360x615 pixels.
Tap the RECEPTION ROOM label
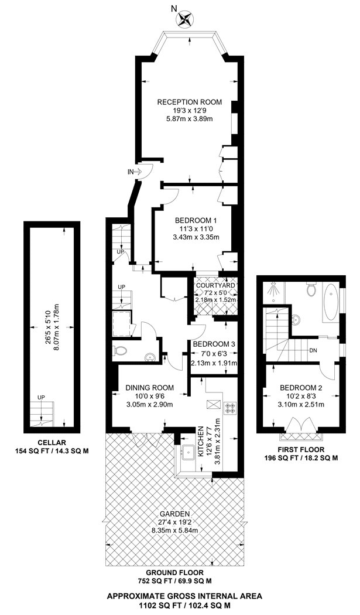click(190, 102)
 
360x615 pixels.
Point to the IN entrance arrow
click(138, 172)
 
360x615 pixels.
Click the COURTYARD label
click(215, 285)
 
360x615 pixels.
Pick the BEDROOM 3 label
click(214, 344)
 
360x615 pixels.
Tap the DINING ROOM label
click(149, 388)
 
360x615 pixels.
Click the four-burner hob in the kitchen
click(229, 408)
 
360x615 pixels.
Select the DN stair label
click(313, 350)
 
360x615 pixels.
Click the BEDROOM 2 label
click(301, 388)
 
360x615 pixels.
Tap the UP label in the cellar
click(40, 398)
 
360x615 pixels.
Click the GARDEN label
click(174, 514)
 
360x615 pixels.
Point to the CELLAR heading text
click(46, 442)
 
